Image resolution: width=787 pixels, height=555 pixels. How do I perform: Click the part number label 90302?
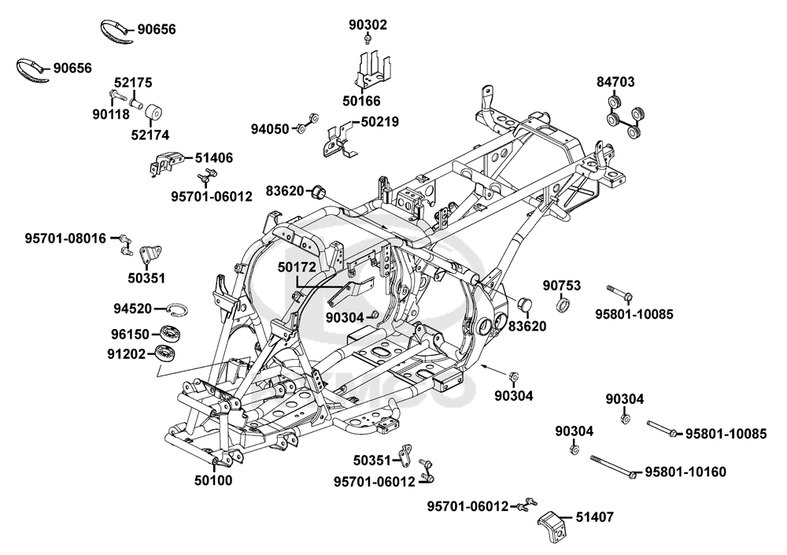point(368,24)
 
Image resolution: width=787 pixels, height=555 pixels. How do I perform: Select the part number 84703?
point(615,82)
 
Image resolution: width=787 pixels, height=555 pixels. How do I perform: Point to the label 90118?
point(112,113)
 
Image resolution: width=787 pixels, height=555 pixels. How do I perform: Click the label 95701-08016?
point(65,237)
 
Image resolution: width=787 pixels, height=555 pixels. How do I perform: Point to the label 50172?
point(297,268)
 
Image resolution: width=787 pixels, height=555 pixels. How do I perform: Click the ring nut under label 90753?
point(563,305)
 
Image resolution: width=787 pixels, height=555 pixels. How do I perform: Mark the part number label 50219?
point(380,121)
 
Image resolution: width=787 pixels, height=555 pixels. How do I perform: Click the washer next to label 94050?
point(301,128)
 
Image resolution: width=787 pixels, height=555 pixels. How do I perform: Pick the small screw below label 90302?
point(368,39)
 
